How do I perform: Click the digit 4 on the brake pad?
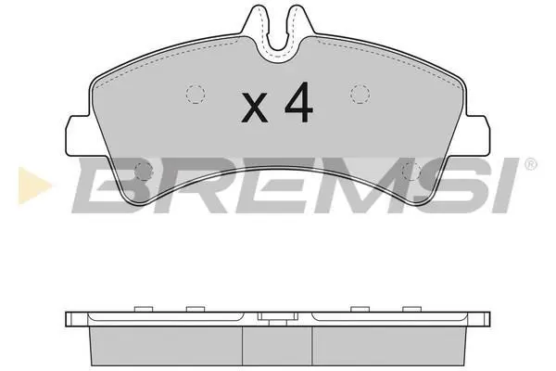[x=299, y=102]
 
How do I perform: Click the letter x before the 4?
[x=254, y=108]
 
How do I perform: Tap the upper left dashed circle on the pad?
[x=196, y=94]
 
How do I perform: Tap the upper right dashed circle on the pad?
[x=360, y=94]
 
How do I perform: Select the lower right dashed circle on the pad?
[x=412, y=172]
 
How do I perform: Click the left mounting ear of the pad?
[x=79, y=135]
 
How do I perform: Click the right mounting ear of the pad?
[x=477, y=135]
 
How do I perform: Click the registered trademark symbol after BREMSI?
[x=530, y=164]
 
